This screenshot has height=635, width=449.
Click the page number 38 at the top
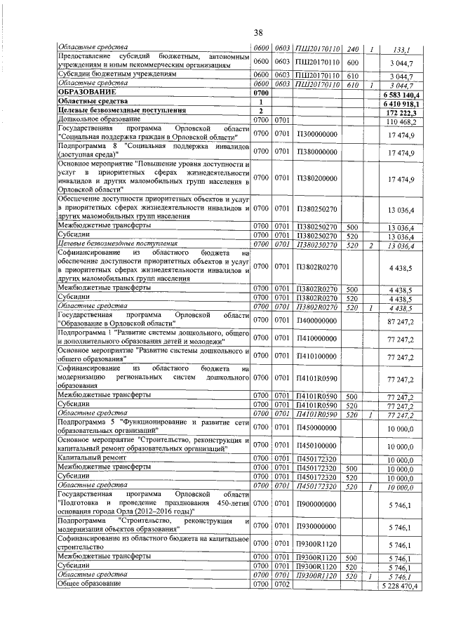[x=257, y=32]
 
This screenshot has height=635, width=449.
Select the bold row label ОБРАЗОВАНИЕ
[x=88, y=92]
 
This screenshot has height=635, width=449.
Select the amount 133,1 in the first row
[x=403, y=49]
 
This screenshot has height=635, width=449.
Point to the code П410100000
[x=316, y=356]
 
